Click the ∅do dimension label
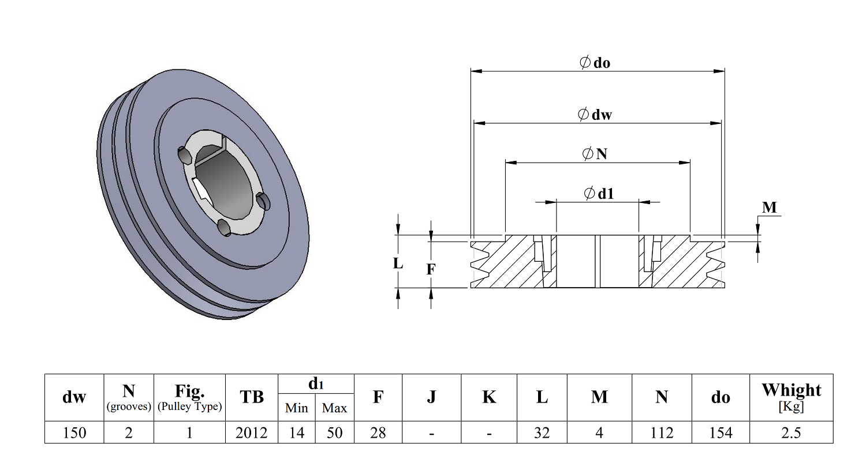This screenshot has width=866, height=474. tap(595, 62)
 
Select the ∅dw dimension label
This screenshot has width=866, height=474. tap(595, 114)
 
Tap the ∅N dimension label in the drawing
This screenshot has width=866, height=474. tap(595, 154)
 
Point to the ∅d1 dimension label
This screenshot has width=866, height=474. tap(599, 194)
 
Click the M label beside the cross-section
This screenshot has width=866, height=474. tap(769, 208)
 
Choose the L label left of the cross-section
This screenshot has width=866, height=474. tap(398, 264)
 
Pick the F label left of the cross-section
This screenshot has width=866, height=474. tap(431, 269)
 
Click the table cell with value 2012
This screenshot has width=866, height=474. tap(251, 432)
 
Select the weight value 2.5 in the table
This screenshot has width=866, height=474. tap(790, 432)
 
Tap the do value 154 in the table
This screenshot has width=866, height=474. tap(720, 432)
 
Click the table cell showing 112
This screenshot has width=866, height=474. tap(661, 432)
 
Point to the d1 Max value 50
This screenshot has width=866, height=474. tap(334, 432)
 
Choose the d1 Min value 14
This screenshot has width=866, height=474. tap(296, 432)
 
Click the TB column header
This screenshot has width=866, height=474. tap(251, 397)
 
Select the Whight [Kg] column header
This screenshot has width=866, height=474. tap(790, 397)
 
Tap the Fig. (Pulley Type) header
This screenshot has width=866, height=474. tap(189, 397)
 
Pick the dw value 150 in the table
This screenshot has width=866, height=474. tap(74, 432)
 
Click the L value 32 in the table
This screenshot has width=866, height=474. tap(542, 432)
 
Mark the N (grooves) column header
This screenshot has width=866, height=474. tap(128, 397)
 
